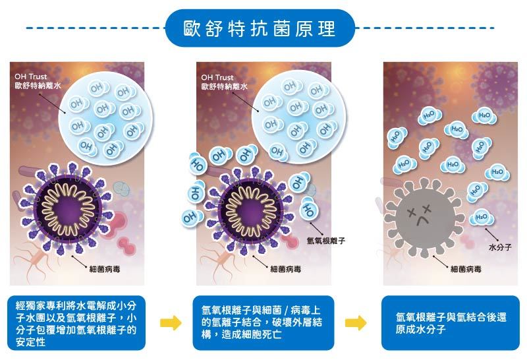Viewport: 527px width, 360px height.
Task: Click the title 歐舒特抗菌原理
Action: tap(260, 28)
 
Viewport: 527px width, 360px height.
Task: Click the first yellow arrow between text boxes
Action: tap(171, 323)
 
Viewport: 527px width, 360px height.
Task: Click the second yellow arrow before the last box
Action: tap(356, 323)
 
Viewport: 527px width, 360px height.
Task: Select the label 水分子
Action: tap(500, 247)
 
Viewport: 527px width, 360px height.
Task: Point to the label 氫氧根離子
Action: tap(325, 241)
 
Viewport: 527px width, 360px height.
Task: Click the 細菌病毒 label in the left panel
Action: tap(105, 269)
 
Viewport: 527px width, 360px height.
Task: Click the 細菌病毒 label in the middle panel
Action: tap(285, 269)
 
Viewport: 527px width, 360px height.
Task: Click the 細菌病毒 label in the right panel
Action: tap(466, 269)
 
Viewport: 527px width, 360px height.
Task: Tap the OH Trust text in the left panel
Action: tap(31, 76)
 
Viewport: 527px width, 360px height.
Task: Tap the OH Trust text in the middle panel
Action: tap(217, 77)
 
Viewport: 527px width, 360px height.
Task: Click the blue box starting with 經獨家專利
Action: tap(76, 323)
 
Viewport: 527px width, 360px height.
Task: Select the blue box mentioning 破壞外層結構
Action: tap(263, 323)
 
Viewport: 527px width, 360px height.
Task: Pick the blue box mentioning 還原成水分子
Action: tap(451, 323)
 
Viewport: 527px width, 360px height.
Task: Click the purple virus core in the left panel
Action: tap(68, 209)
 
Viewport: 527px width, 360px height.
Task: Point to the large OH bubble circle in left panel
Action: tap(105, 118)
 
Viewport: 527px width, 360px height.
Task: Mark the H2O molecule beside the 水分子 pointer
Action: tap(482, 217)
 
